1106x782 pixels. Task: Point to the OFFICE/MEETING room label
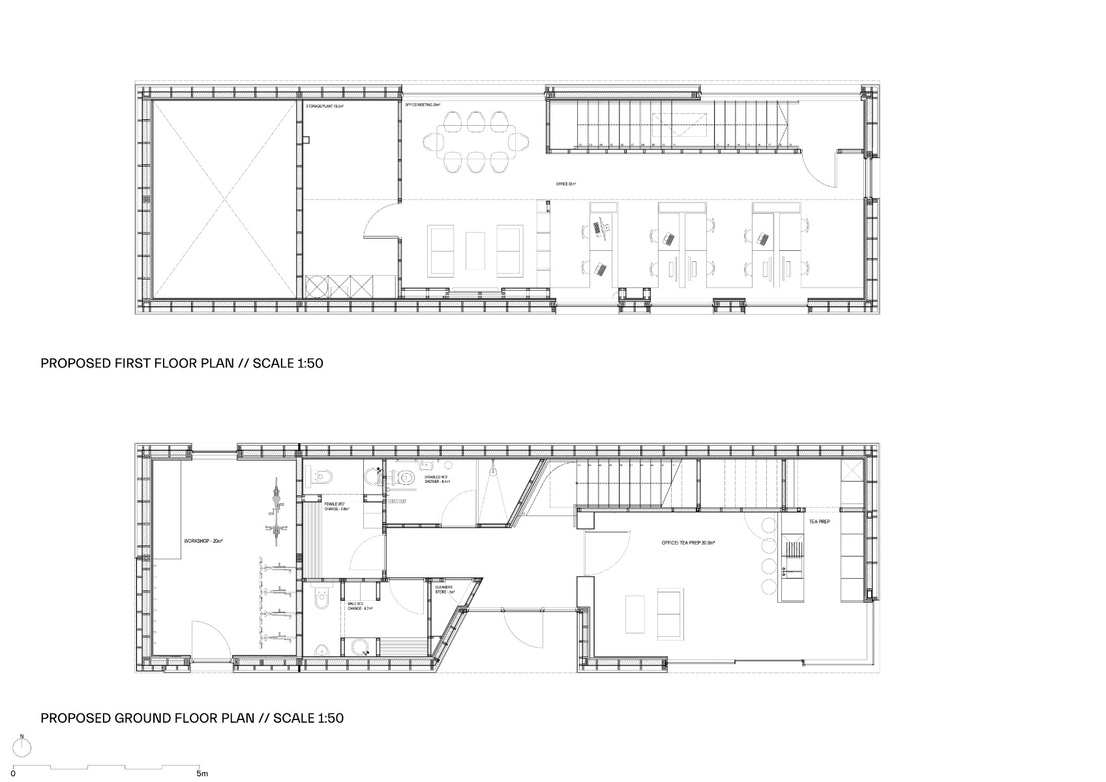coord(423,104)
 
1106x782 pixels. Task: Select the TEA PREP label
coord(819,522)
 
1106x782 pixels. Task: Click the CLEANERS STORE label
coord(445,588)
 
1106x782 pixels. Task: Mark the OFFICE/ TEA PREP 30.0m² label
coord(688,542)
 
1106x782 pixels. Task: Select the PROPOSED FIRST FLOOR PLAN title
coord(182,364)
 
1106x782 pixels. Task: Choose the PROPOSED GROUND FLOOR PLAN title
coord(192,719)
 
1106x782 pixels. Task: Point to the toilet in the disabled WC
coord(406,478)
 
